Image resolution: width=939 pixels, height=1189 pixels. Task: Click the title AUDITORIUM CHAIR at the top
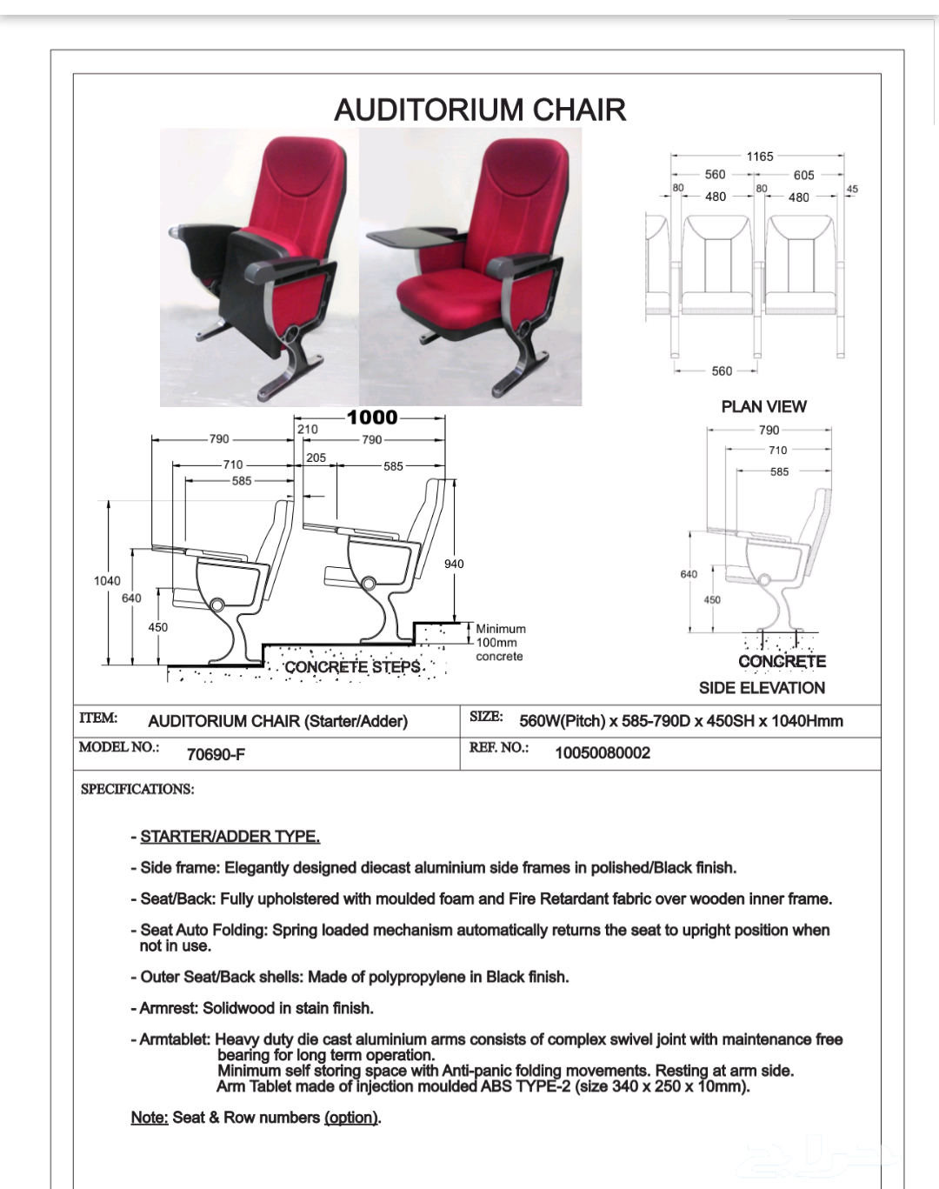coord(480,110)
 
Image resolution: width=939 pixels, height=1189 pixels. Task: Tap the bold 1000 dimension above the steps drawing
coord(372,417)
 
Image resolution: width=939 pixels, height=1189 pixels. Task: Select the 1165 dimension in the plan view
coord(759,157)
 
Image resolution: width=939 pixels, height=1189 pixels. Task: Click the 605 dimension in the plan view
coord(803,175)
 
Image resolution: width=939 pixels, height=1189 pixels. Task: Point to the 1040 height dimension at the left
coord(107,581)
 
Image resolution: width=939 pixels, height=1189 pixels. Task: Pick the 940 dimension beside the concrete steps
coord(454,564)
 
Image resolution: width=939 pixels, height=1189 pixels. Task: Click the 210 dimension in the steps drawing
coord(308,429)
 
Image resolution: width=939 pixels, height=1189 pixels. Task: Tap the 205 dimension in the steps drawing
coord(316,458)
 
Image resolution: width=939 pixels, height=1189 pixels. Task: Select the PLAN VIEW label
coord(763,406)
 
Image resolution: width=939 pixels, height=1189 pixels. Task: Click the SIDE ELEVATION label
coord(762,688)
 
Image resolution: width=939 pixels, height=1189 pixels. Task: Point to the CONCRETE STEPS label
coord(353,667)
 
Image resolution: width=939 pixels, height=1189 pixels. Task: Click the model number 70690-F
coord(216,754)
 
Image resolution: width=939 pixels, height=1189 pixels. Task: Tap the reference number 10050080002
coord(603,753)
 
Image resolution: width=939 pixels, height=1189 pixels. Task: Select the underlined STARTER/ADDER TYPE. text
coord(230,837)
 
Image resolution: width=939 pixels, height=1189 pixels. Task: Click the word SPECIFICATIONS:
coord(137,790)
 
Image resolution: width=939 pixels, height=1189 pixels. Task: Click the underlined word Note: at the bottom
coord(150,1118)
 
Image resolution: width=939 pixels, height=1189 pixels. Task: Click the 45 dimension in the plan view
coord(852,189)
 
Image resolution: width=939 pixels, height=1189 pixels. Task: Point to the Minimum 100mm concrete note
coord(500,643)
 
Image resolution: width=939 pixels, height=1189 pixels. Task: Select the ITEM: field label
coord(98,718)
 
